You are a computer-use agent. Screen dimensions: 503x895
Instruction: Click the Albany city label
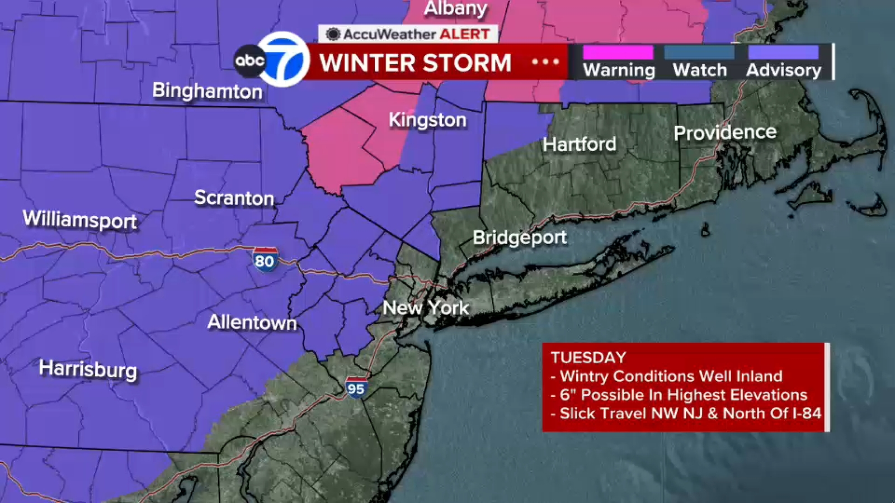pos(455,8)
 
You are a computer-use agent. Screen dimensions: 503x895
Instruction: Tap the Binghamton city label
pos(207,91)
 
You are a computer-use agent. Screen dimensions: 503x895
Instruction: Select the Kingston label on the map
pos(427,120)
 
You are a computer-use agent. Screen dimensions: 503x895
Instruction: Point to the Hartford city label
pos(580,144)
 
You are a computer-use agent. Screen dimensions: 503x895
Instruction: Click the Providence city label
pos(725,132)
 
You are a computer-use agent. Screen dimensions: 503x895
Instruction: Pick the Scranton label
pos(234,198)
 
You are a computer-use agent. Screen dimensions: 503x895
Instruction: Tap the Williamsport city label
pos(79,219)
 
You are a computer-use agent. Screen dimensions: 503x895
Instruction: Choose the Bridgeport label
pos(520,238)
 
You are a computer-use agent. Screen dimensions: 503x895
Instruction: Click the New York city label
pos(426,307)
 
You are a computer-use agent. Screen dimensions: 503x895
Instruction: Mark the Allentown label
pos(252,322)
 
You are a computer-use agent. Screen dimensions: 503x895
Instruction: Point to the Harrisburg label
pos(88,369)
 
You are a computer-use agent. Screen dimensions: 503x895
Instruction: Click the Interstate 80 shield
pos(265,260)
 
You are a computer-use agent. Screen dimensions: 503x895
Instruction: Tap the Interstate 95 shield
pos(356,387)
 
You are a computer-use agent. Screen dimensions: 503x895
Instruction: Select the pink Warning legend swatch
pos(618,53)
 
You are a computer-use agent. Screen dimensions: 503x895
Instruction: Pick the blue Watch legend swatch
pos(699,53)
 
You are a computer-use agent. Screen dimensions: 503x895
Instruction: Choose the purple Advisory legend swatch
pos(783,53)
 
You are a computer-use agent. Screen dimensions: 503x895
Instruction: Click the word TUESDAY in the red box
pos(588,358)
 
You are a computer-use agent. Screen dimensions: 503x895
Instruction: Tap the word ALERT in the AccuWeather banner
pos(464,34)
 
